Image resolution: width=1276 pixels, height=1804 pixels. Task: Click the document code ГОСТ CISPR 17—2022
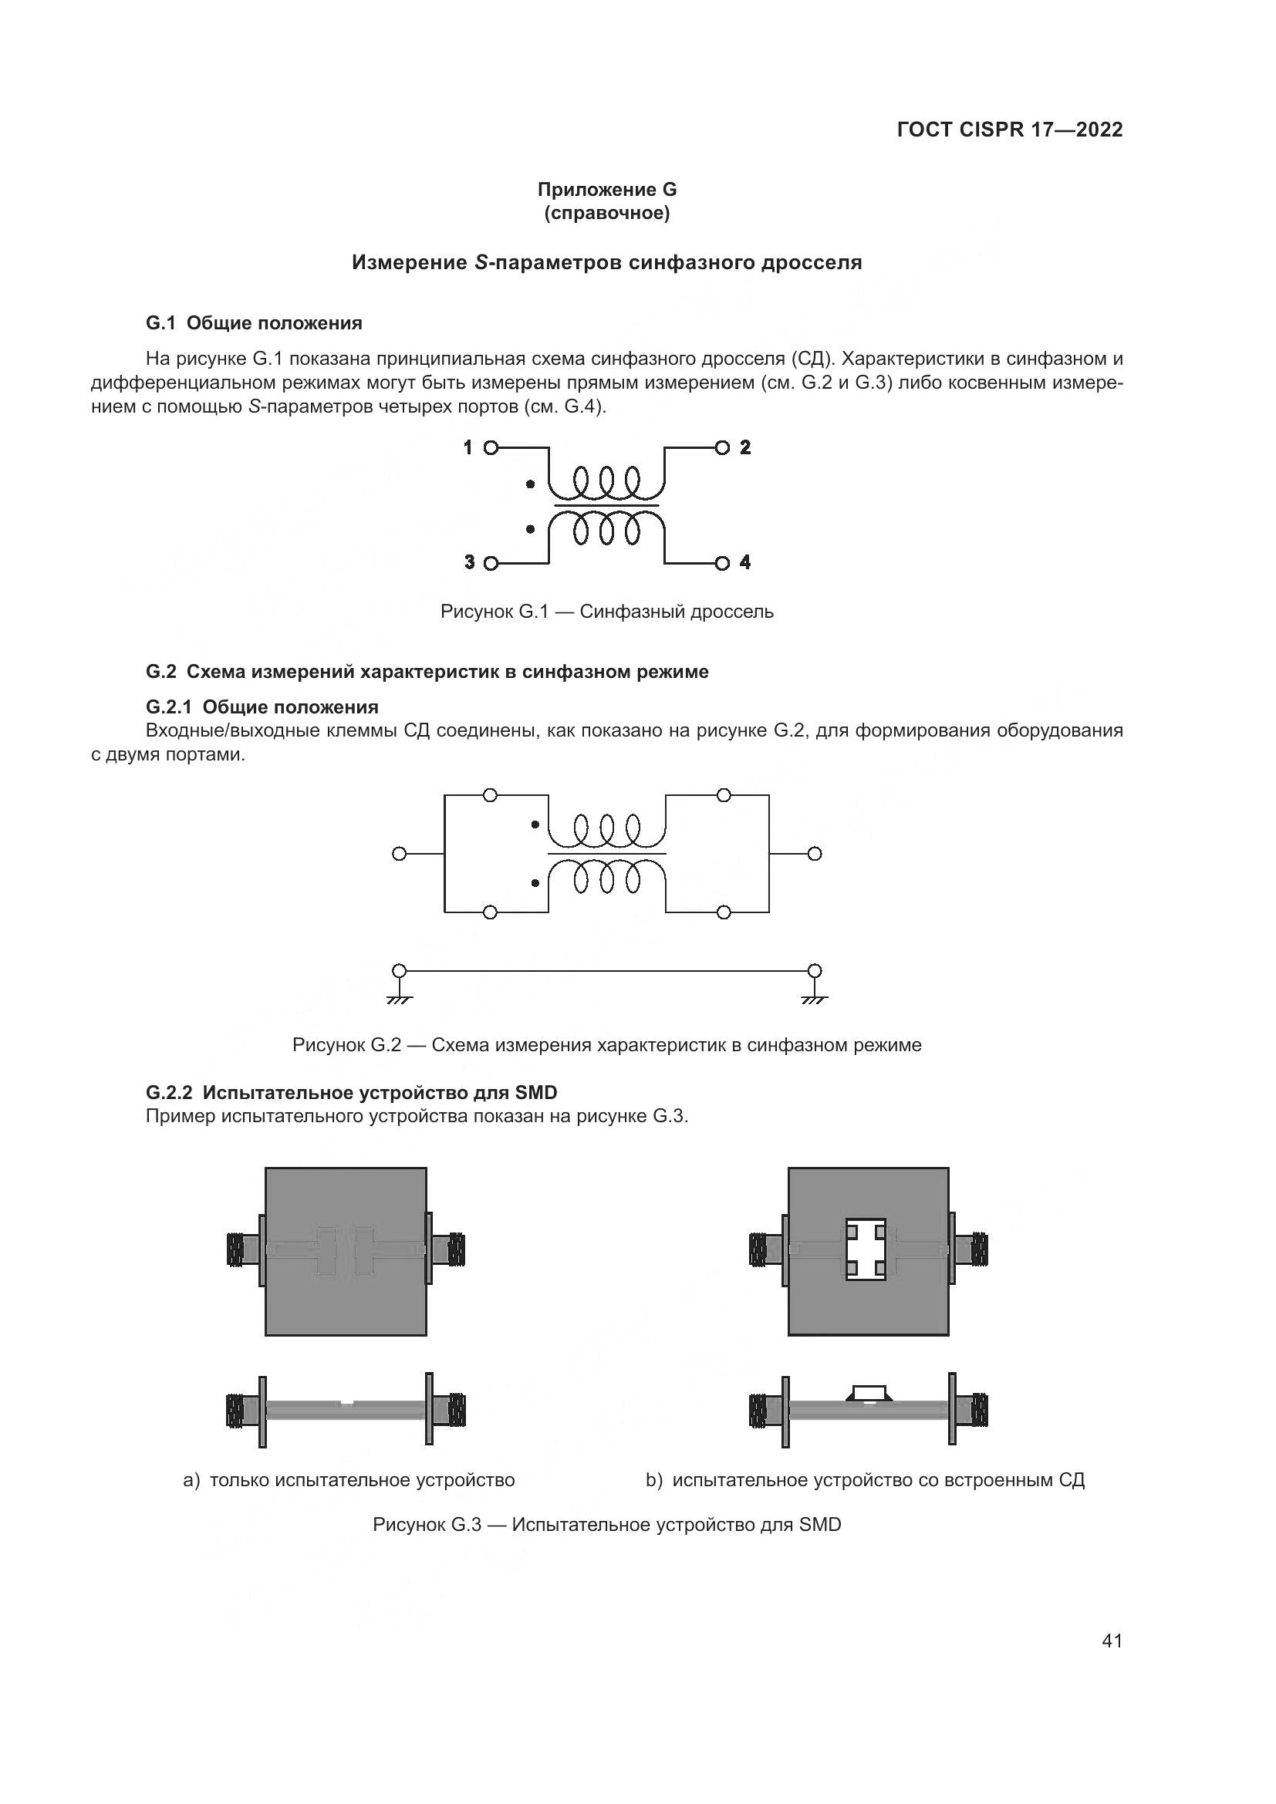point(1009,130)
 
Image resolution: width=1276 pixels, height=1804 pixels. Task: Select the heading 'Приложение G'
point(606,190)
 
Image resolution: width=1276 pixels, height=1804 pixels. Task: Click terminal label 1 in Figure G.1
point(468,448)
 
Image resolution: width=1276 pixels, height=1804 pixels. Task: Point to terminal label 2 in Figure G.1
point(746,448)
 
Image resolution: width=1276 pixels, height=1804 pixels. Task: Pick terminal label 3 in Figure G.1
point(469,562)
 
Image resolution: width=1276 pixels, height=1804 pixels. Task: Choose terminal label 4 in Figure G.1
point(746,562)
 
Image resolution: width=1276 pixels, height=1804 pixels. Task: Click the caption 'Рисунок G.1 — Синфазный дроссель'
point(606,612)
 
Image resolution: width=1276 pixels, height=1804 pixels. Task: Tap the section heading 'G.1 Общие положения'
point(254,323)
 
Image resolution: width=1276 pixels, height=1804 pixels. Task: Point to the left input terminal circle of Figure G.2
point(399,854)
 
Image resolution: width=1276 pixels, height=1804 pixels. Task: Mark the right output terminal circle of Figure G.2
point(815,854)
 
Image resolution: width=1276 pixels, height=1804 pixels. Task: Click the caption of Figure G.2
point(606,1045)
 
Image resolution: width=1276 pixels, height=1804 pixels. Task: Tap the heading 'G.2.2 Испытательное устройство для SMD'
point(351,1092)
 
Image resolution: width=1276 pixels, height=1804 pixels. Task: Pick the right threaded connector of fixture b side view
point(978,1411)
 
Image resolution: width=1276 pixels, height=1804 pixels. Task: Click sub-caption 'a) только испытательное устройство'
point(349,1480)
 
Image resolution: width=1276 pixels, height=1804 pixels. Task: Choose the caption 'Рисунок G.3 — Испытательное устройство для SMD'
point(606,1525)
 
